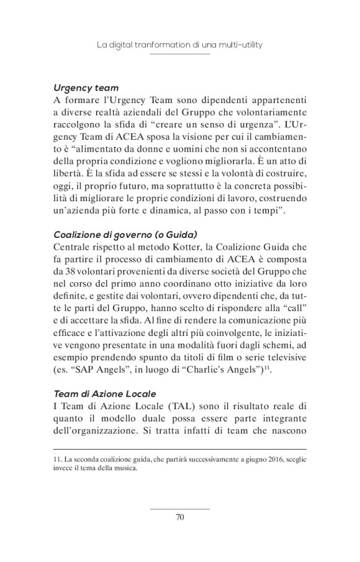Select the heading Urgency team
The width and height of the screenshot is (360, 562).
[86, 88]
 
